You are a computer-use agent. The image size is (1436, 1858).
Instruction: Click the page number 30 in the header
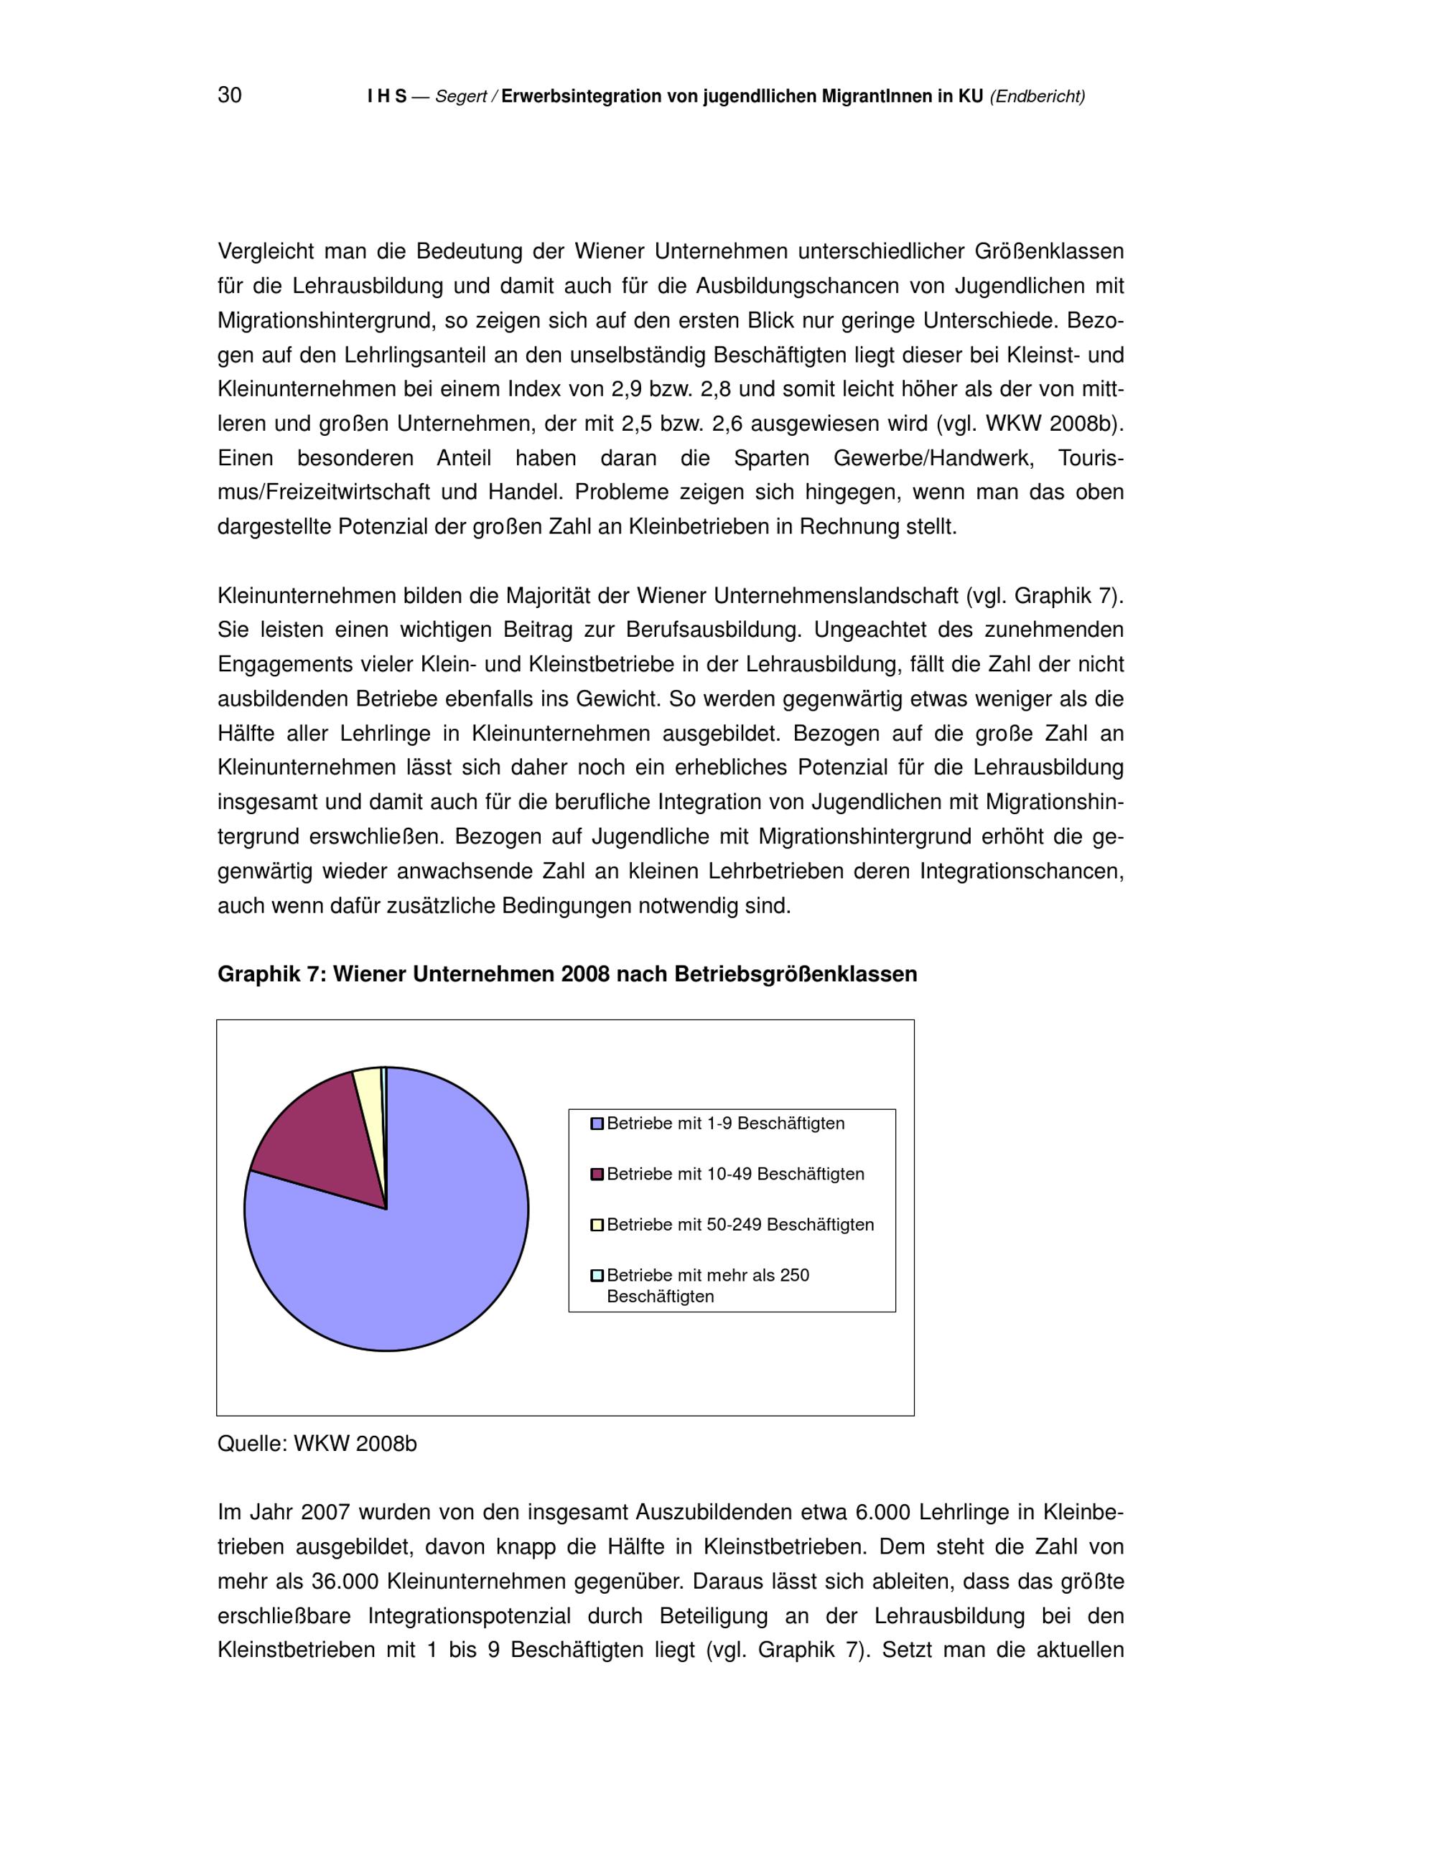coord(230,95)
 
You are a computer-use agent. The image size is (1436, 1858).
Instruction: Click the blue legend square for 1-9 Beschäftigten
coord(597,1124)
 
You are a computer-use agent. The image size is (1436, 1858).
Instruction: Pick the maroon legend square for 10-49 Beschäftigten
coord(597,1175)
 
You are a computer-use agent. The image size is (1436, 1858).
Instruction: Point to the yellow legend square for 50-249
coord(597,1225)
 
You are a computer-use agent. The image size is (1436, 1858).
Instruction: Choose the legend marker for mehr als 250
coord(597,1275)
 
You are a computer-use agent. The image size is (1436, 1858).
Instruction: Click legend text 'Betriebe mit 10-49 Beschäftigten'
coord(735,1174)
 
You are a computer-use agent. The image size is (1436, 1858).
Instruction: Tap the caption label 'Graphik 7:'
coord(272,974)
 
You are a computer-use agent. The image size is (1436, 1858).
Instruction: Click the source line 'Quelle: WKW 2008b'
coord(317,1444)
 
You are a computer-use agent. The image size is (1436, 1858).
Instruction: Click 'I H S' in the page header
coord(386,97)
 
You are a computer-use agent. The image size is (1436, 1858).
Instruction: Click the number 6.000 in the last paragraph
coord(882,1513)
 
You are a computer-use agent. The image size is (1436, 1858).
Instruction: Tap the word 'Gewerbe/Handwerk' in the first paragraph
coord(933,459)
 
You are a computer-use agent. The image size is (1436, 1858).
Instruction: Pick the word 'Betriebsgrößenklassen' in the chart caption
coord(796,974)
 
